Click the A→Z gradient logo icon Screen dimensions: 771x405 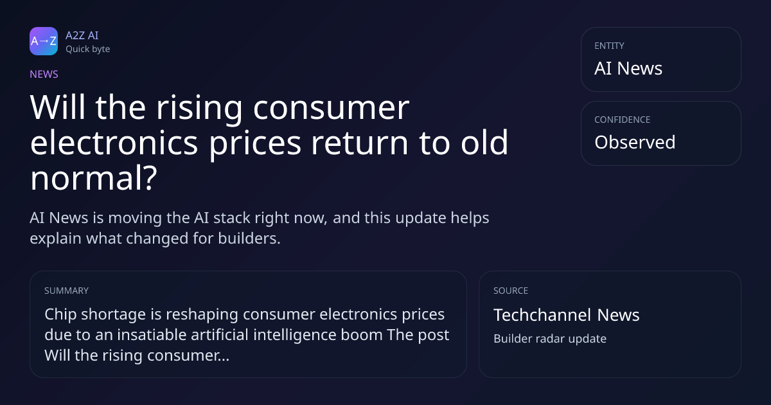tap(44, 41)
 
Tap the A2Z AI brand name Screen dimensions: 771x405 tap(82, 35)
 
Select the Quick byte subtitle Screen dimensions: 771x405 tap(88, 50)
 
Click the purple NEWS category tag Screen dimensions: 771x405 tap(44, 75)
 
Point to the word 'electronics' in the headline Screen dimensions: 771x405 tap(114, 142)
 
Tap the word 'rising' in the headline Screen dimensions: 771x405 tap(200, 108)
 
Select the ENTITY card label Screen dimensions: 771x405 tap(609, 46)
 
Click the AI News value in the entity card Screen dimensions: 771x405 tap(628, 68)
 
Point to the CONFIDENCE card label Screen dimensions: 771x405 tap(623, 120)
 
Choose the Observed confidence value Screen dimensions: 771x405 tap(635, 142)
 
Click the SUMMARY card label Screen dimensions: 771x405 tap(66, 291)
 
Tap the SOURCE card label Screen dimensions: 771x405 tap(511, 291)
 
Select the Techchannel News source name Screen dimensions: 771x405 tap(567, 315)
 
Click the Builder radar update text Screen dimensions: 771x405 tap(550, 339)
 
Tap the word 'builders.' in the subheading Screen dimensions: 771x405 tap(249, 239)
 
